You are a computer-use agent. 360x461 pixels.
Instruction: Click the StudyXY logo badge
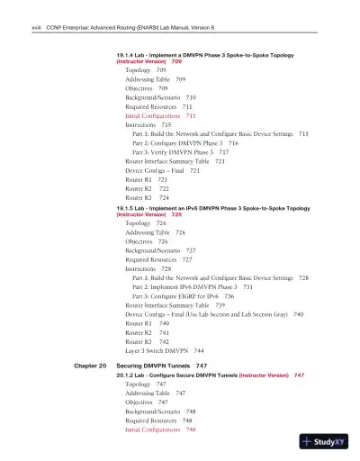(326, 441)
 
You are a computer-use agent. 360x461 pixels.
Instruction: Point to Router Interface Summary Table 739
(175, 305)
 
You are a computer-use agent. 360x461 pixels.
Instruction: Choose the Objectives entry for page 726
(147, 241)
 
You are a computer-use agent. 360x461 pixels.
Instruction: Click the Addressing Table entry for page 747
(156, 393)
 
